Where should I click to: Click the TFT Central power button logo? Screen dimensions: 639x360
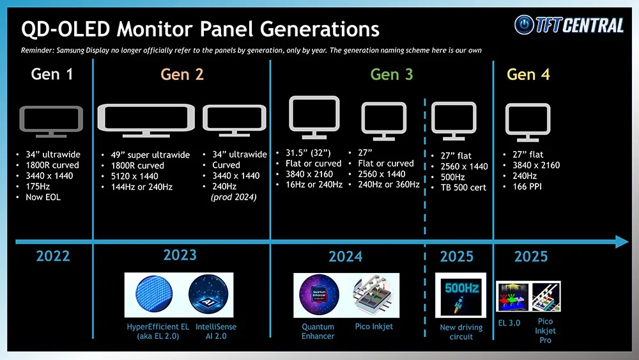coord(524,25)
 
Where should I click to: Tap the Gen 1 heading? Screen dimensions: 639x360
coord(52,74)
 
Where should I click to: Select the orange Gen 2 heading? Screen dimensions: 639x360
coord(181,74)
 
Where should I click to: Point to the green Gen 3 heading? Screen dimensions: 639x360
coord(392,74)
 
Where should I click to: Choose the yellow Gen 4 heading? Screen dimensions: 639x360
coord(528,74)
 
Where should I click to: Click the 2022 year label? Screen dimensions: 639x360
coord(53,256)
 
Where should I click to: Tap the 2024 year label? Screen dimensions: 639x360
coord(346,256)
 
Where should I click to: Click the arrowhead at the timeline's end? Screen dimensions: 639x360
coord(622,241)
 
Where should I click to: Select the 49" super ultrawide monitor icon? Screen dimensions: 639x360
coord(146,120)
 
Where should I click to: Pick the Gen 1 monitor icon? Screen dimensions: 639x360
coord(51,121)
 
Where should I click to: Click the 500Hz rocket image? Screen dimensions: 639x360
coord(461,295)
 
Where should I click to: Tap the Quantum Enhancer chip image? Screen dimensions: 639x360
coord(319,295)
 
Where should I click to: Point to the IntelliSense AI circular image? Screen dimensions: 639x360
coord(208,294)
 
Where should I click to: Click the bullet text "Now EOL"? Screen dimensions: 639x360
coord(43,198)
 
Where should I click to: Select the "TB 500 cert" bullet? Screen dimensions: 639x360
coord(463,187)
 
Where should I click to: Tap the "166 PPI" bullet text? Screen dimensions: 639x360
coord(527,187)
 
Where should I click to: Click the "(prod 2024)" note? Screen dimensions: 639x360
coord(233,198)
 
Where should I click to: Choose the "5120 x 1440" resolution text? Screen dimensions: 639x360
coord(134,176)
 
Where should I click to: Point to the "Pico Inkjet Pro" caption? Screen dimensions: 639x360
coord(545,331)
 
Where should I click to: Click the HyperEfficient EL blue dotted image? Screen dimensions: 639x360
coord(154,294)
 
